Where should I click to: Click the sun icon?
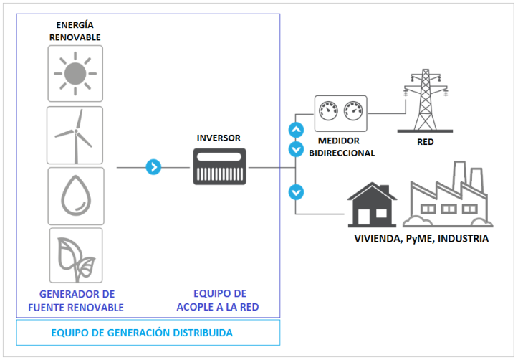[x=75, y=73]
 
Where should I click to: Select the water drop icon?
[x=75, y=194]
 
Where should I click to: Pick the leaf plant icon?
[x=75, y=255]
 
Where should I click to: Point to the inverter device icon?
[x=219, y=166]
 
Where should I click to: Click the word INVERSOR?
[x=219, y=138]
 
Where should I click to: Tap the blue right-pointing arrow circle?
[x=153, y=167]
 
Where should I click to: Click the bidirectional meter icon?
[x=340, y=113]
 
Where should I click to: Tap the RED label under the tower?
[x=425, y=142]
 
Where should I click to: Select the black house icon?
[x=373, y=204]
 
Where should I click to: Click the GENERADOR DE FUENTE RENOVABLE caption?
[x=77, y=300]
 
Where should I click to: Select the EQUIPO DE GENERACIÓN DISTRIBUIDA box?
[x=148, y=333]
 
